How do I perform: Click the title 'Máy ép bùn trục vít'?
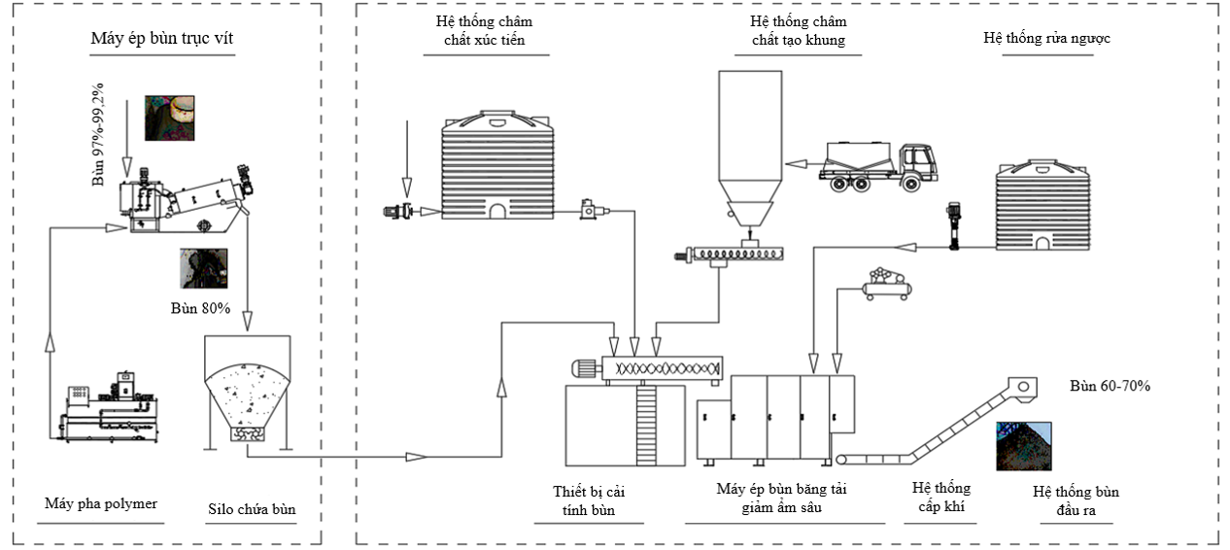pyautogui.click(x=162, y=39)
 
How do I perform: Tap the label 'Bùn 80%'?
pyautogui.click(x=200, y=308)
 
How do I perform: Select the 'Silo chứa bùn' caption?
pyautogui.click(x=252, y=509)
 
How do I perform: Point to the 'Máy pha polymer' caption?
pyautogui.click(x=101, y=504)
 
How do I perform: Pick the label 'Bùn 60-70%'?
pyautogui.click(x=1110, y=386)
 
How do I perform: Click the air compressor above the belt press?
pyautogui.click(x=887, y=284)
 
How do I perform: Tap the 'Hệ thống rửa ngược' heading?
pyautogui.click(x=1046, y=38)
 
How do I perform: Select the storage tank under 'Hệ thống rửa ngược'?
pyautogui.click(x=1042, y=205)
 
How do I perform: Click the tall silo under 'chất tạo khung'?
pyautogui.click(x=750, y=149)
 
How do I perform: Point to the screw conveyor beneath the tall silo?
pyautogui.click(x=730, y=255)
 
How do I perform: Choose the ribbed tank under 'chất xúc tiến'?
pyautogui.click(x=497, y=165)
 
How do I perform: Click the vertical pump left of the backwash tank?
pyautogui.click(x=954, y=225)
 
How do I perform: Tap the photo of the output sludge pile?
pyautogui.click(x=1023, y=446)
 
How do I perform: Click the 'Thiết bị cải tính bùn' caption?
pyautogui.click(x=589, y=500)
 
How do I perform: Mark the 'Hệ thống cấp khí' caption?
pyautogui.click(x=941, y=498)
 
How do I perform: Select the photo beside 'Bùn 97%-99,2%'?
pyautogui.click(x=170, y=119)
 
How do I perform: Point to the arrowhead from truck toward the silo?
pyautogui.click(x=796, y=163)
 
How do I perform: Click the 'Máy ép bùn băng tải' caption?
pyautogui.click(x=781, y=489)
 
